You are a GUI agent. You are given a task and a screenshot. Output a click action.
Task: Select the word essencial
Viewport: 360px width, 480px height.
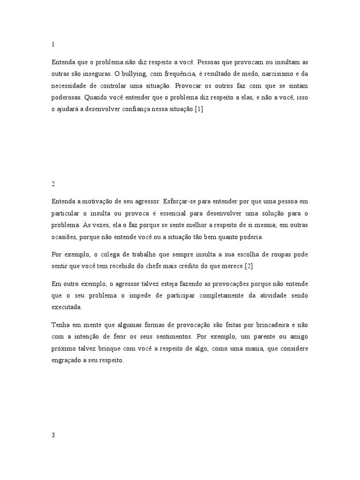(x=167, y=213)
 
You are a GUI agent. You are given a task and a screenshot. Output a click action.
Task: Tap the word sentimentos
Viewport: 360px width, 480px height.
(x=168, y=337)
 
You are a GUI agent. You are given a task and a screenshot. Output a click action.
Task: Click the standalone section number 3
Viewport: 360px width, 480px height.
(x=53, y=435)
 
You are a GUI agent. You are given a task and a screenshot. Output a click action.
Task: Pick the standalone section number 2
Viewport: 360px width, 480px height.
(x=53, y=184)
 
